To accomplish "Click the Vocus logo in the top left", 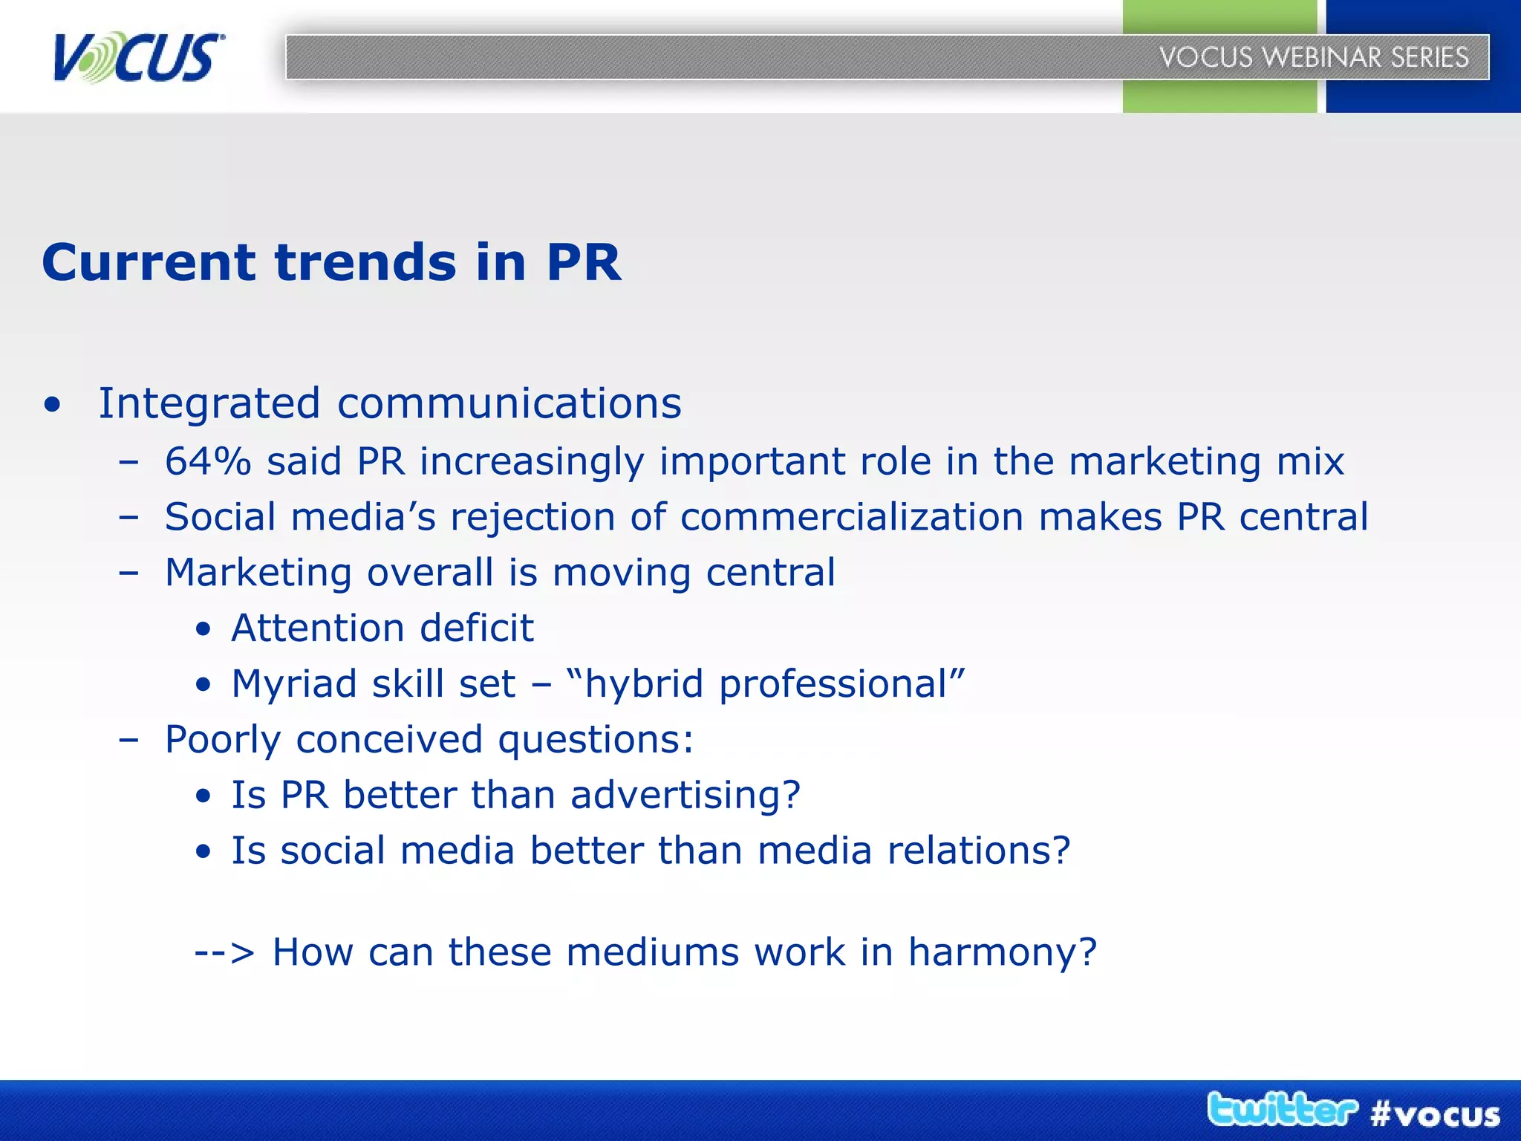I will (138, 57).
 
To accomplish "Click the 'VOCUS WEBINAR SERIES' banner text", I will (1314, 57).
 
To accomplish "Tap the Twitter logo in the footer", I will (1282, 1110).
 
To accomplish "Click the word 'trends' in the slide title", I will (365, 262).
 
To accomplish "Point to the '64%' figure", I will (208, 461).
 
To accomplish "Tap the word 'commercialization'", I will (852, 517).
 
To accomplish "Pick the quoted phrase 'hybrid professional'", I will (765, 684).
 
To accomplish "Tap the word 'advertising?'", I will (685, 796).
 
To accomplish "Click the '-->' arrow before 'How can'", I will (224, 953).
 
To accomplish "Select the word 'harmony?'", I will (1003, 953).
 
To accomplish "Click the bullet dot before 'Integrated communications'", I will (52, 406).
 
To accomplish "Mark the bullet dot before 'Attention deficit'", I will (203, 631).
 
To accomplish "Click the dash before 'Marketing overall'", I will (128, 573).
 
